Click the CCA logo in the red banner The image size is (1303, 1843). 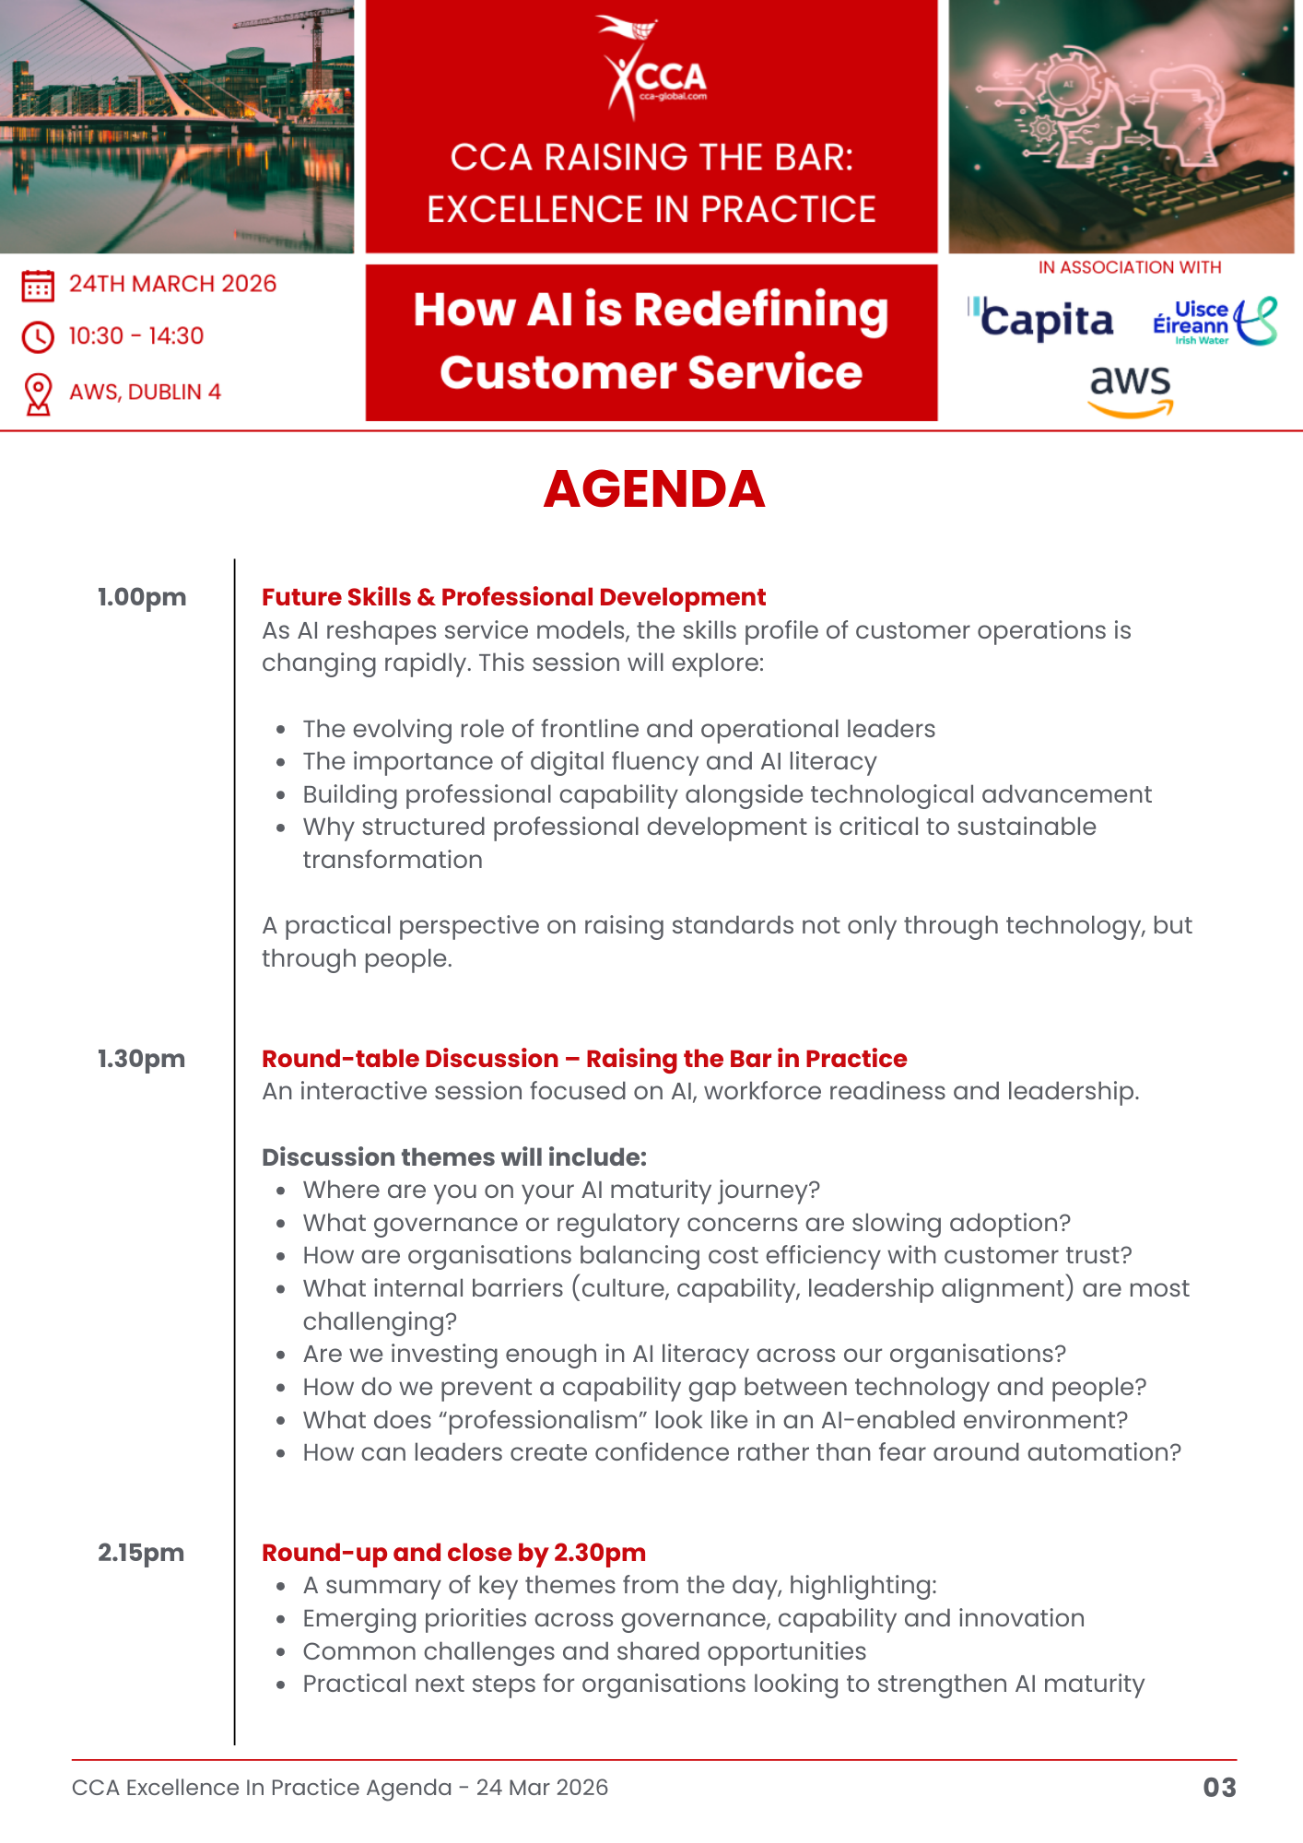click(x=652, y=68)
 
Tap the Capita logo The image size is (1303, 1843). click(x=1041, y=320)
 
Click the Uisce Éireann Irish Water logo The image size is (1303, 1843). click(x=1214, y=322)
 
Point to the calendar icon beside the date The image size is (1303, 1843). click(x=38, y=285)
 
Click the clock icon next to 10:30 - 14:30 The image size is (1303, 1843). click(x=38, y=337)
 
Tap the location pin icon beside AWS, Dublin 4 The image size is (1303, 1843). click(x=38, y=393)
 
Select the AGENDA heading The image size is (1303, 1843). click(x=653, y=488)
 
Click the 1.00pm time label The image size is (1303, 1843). click(x=142, y=597)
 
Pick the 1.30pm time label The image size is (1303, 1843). click(x=141, y=1059)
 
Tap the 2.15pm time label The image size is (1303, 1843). click(x=141, y=1553)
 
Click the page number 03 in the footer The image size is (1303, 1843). click(x=1219, y=1788)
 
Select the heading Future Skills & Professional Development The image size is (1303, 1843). click(x=513, y=597)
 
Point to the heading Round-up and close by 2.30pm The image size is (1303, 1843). click(x=453, y=1553)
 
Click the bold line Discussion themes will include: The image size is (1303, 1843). click(x=454, y=1157)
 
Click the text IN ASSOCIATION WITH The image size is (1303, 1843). click(x=1129, y=267)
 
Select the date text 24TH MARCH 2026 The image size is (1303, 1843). click(x=172, y=284)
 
